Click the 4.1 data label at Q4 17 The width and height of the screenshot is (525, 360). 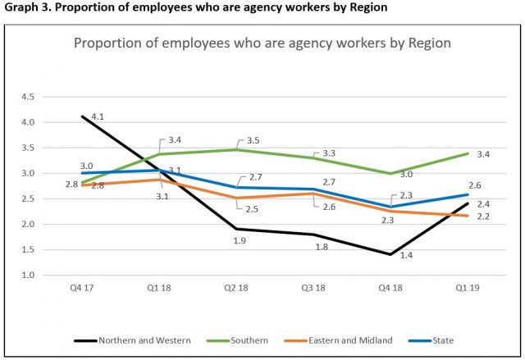pyautogui.click(x=97, y=117)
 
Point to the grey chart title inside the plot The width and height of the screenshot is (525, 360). pyautogui.click(x=262, y=43)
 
